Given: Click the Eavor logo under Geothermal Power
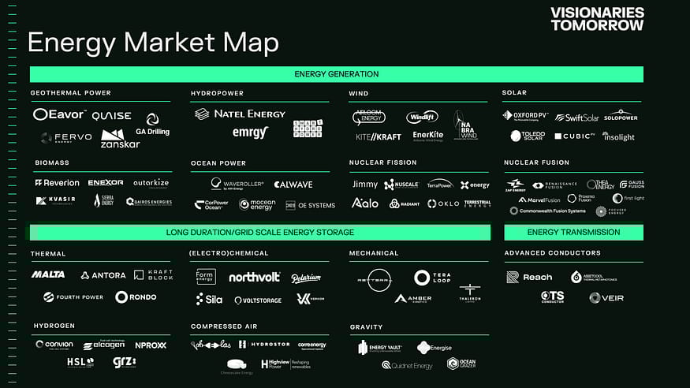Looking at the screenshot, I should tap(59, 115).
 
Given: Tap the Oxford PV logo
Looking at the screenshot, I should tap(525, 116).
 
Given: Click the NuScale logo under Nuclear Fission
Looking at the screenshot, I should tap(401, 185).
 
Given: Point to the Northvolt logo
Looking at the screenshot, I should tap(254, 278).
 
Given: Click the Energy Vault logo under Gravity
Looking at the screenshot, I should tap(380, 348).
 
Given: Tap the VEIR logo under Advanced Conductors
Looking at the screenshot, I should tap(606, 297).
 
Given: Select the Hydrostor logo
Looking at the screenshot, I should tap(264, 345).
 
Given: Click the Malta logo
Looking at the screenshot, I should tap(48, 274).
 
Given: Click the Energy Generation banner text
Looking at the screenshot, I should tap(336, 74).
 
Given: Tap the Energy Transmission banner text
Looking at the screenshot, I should tap(573, 232).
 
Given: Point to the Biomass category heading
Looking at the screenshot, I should tap(52, 163).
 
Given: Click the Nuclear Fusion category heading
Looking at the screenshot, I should tap(536, 163).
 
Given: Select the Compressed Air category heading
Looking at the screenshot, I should tap(224, 326).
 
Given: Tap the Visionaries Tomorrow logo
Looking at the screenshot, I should tap(597, 19).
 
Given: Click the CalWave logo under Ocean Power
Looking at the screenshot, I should tap(293, 185).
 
